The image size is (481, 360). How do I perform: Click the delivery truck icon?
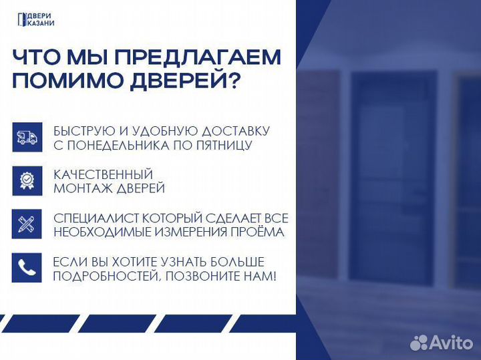(27, 137)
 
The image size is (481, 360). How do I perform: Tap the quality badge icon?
(27, 180)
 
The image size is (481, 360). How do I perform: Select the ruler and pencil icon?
(27, 224)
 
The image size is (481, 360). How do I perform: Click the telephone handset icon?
(27, 268)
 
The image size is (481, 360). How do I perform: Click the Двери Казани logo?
(36, 20)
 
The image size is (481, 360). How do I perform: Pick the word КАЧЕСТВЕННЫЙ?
(104, 174)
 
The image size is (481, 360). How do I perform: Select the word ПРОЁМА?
(257, 232)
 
